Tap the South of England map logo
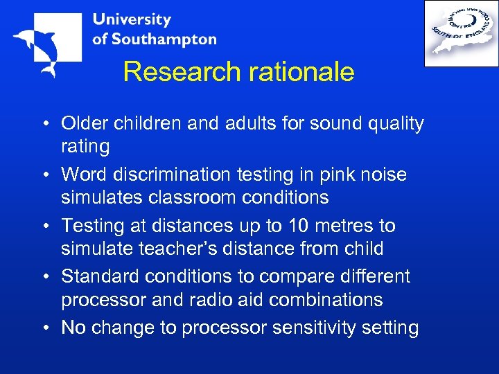(460, 33)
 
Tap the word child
(365, 248)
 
